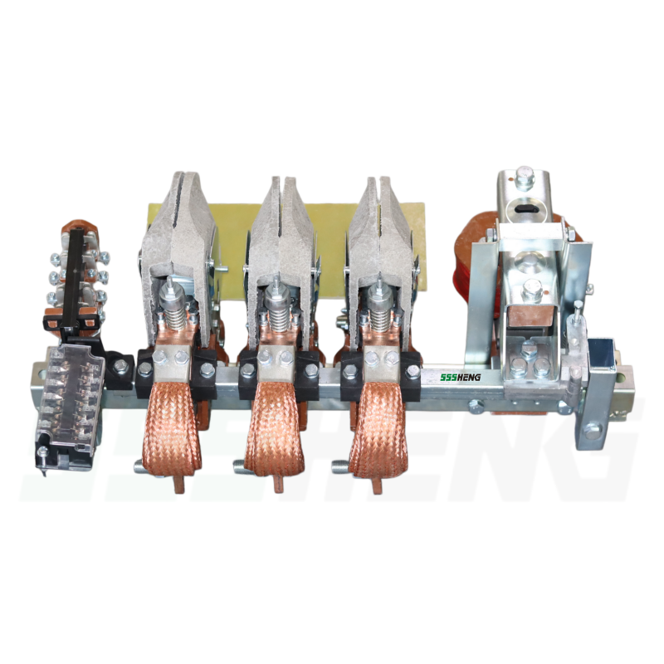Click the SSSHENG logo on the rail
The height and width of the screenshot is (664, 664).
click(x=460, y=377)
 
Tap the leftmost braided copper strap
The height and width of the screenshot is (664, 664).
click(x=171, y=427)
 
